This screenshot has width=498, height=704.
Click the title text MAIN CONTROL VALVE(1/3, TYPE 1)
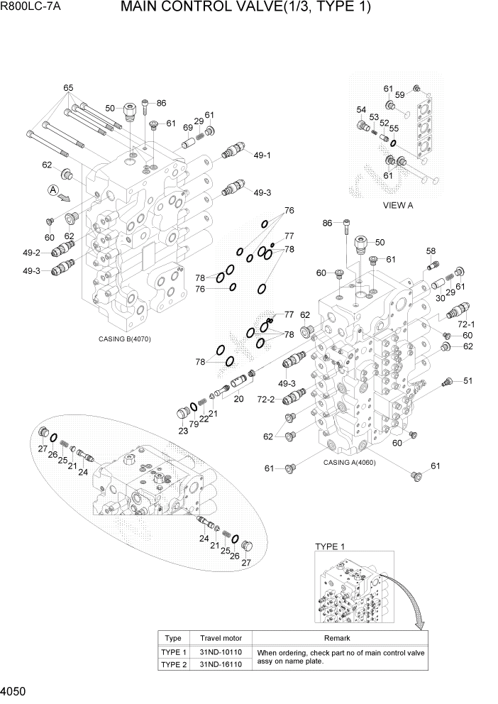(x=245, y=9)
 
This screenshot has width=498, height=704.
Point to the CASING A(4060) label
(x=349, y=462)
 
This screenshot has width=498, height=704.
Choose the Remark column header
(x=340, y=638)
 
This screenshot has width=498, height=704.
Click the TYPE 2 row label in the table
(x=173, y=664)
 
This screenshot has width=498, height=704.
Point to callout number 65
(x=68, y=89)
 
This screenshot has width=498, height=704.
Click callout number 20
(x=238, y=399)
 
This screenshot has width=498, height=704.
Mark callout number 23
(x=182, y=430)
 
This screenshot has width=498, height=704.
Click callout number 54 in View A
(x=361, y=110)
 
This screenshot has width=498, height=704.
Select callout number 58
(x=431, y=251)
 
